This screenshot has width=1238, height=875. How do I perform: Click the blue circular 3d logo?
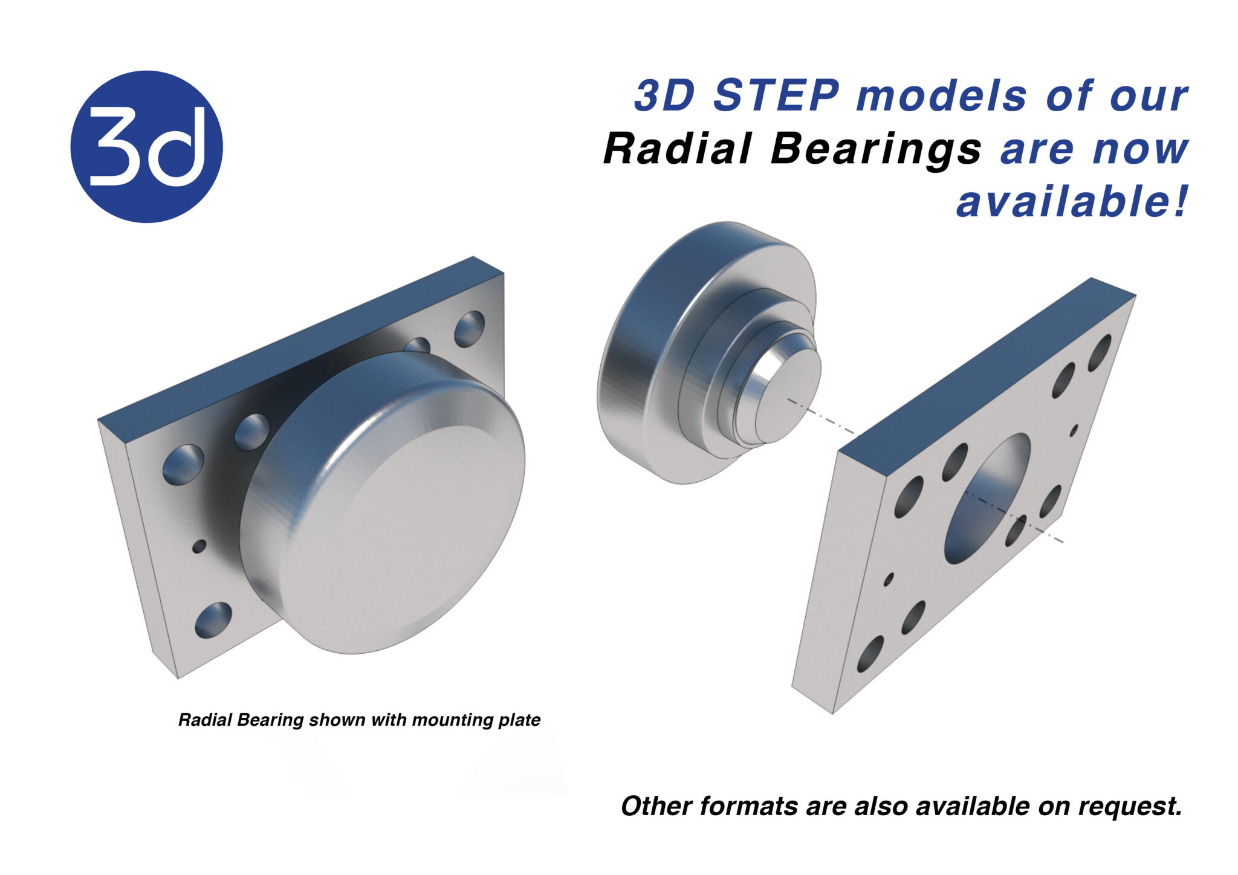[x=146, y=147]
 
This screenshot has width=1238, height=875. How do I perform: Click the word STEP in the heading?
[x=776, y=96]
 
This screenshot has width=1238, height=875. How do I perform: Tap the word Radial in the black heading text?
[x=676, y=149]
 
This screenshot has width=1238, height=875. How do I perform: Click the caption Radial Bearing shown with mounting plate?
[x=359, y=720]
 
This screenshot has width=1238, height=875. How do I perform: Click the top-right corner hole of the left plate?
[x=470, y=329]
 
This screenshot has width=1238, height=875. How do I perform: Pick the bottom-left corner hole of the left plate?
[x=213, y=620]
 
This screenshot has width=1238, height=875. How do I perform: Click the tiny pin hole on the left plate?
[x=199, y=546]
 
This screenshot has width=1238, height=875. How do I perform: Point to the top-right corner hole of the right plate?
[x=1099, y=353]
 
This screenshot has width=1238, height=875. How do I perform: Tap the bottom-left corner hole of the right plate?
[x=870, y=654]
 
